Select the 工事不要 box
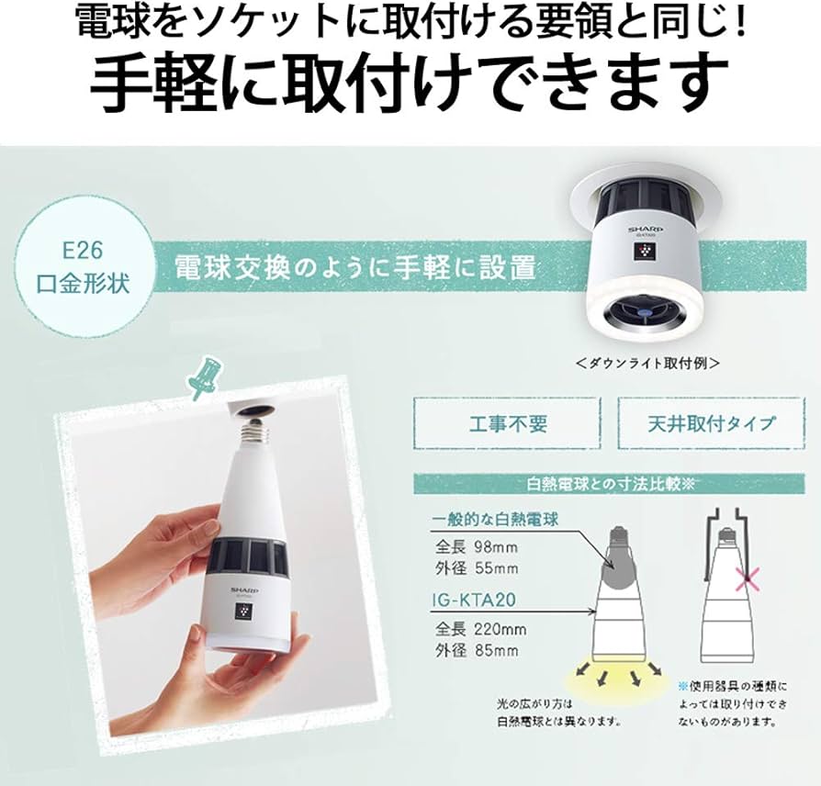click(x=507, y=423)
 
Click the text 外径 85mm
click(x=477, y=650)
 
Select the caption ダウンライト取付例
click(x=647, y=362)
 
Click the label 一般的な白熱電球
click(x=496, y=520)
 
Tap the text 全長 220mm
click(x=481, y=629)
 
